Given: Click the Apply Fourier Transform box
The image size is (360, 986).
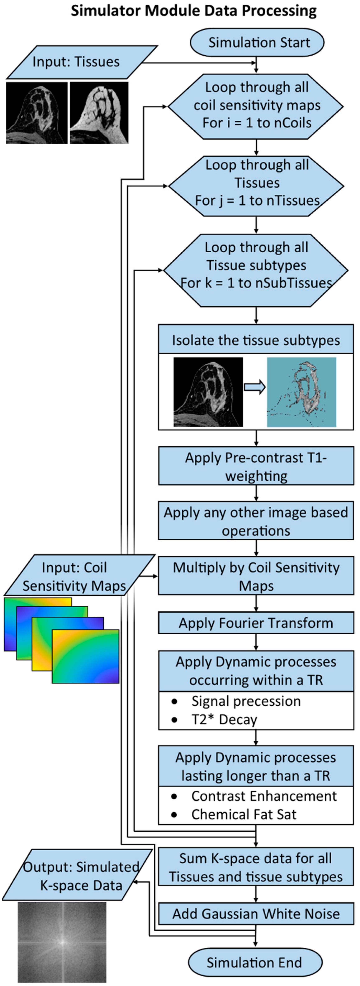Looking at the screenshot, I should (x=256, y=623).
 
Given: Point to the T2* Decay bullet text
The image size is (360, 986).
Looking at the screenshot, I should (x=224, y=719).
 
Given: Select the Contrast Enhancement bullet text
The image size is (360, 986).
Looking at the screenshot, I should (x=264, y=796).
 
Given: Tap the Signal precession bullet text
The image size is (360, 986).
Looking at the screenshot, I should (x=246, y=701).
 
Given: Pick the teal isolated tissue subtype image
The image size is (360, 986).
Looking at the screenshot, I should (x=302, y=392).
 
